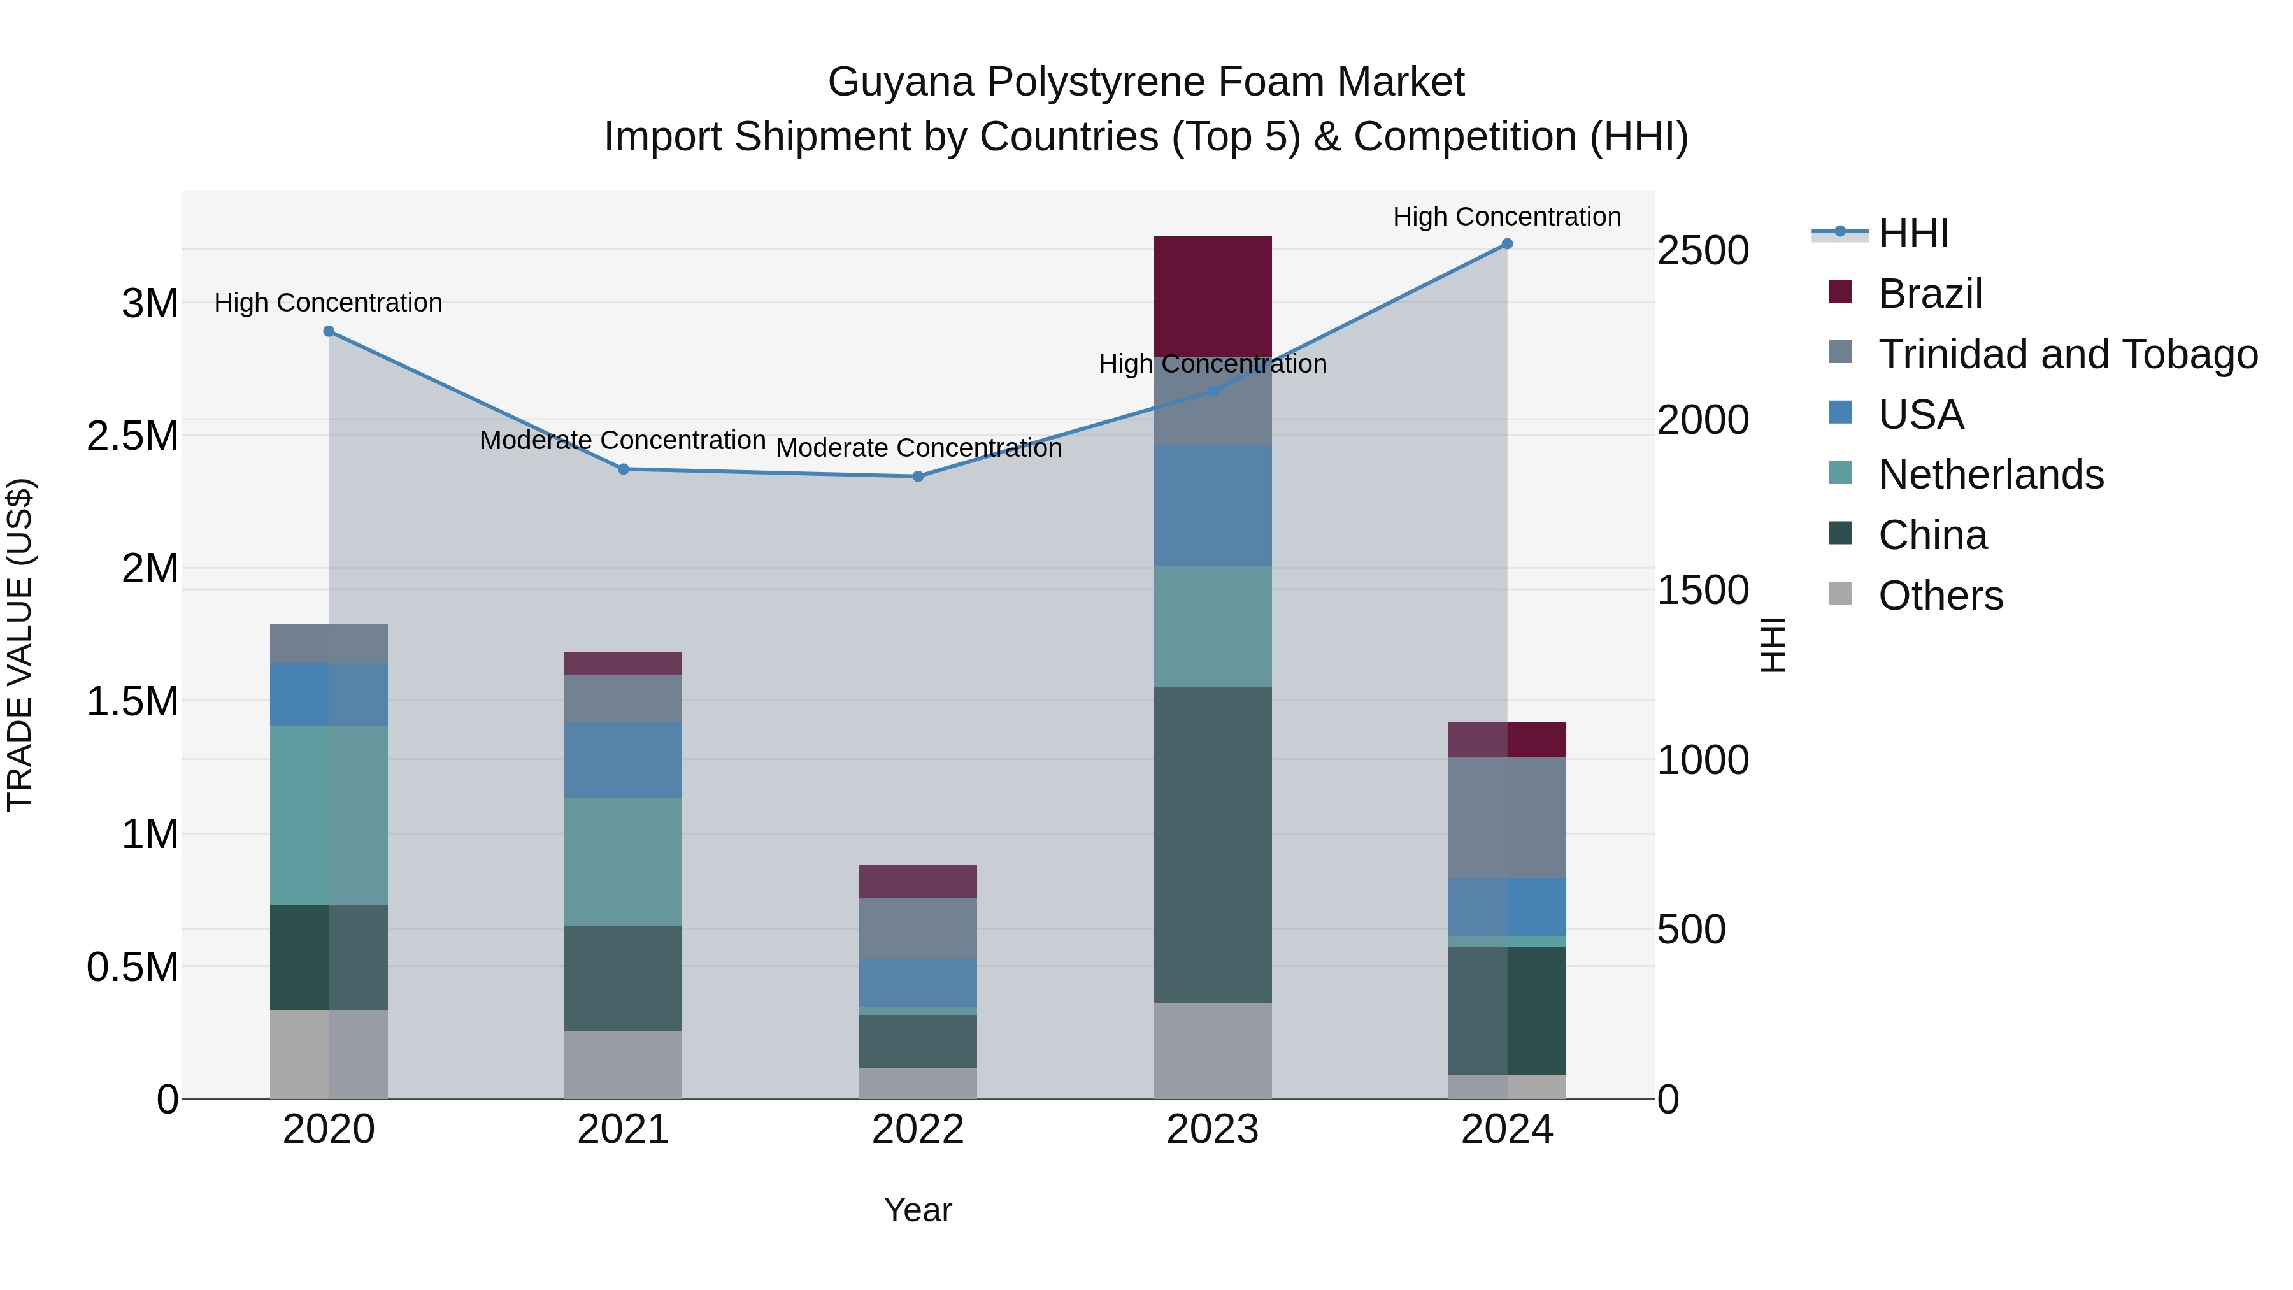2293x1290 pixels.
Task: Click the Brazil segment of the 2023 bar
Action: (1212, 294)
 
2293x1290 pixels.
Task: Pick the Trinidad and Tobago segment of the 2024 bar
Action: (1506, 817)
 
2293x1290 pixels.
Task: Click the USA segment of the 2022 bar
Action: (918, 982)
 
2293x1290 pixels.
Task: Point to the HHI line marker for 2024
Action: (1507, 244)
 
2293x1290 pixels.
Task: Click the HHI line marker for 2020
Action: (329, 331)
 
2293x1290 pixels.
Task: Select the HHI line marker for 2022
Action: (918, 477)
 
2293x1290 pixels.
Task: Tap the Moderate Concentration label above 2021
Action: (622, 441)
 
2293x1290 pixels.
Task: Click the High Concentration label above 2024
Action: (1506, 217)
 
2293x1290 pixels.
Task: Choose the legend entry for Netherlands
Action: (1990, 475)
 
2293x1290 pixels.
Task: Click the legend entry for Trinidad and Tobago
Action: (2067, 354)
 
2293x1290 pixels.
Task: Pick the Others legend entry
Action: (1941, 596)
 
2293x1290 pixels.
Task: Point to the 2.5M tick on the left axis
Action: (132, 436)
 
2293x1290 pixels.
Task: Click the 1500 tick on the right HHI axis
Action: (1702, 591)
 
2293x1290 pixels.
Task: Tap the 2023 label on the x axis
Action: (1212, 1129)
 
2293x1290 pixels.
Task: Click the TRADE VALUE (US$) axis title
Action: (20, 645)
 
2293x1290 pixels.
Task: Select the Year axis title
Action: (918, 1210)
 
